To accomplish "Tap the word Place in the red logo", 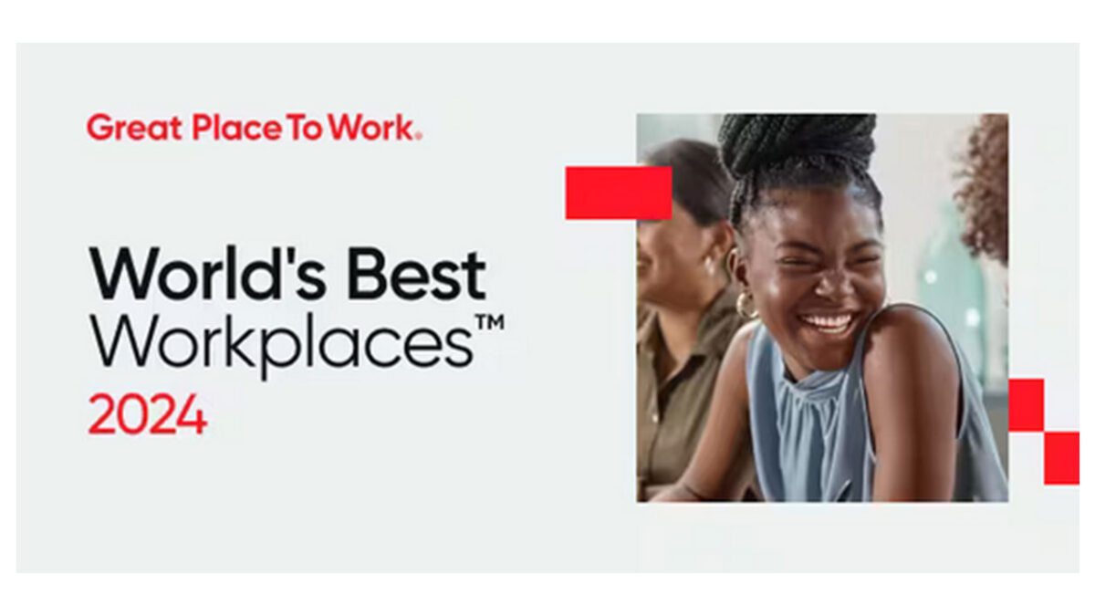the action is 237,128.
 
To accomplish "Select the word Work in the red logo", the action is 371,128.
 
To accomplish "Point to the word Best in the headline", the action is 416,274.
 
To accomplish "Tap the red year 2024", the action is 147,414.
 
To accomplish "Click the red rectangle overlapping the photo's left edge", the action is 619,193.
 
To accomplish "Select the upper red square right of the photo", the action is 1026,405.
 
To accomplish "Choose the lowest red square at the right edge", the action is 1062,458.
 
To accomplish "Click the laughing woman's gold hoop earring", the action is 745,305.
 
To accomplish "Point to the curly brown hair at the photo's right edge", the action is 983,186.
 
